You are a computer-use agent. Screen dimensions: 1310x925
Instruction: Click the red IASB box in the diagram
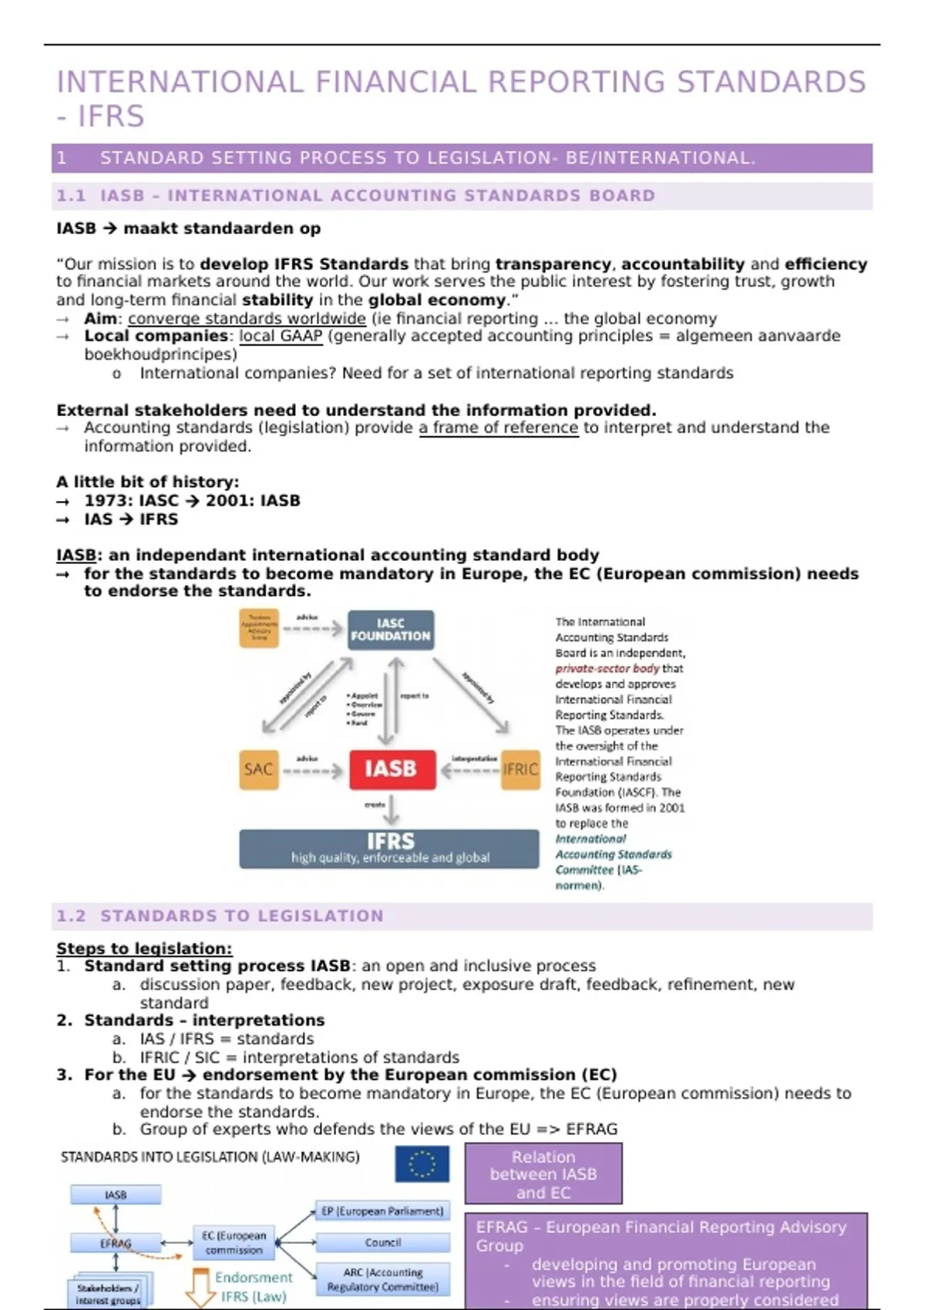[x=392, y=769]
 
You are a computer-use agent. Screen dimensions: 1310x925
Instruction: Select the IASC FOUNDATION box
[x=390, y=630]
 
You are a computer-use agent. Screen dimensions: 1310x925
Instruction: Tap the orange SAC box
[x=258, y=769]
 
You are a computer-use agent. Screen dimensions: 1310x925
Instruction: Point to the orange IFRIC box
[x=520, y=769]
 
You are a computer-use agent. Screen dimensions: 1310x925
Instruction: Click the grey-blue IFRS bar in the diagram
[x=389, y=848]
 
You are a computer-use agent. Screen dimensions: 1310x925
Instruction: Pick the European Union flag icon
[x=422, y=1164]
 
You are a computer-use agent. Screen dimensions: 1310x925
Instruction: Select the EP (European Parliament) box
[x=382, y=1211]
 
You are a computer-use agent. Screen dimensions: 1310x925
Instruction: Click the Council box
[x=382, y=1242]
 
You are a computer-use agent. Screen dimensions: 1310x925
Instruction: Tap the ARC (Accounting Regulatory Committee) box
[x=382, y=1280]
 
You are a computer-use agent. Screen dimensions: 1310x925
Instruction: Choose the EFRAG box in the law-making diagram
[x=116, y=1243]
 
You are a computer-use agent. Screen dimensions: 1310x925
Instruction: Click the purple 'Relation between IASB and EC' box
[x=543, y=1174]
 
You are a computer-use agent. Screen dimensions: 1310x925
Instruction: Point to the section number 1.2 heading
[x=71, y=916]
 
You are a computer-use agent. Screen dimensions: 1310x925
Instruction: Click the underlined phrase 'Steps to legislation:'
[x=144, y=949]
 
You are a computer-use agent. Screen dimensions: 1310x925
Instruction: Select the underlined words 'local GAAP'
[x=281, y=336]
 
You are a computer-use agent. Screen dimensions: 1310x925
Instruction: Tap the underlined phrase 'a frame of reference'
[x=498, y=428]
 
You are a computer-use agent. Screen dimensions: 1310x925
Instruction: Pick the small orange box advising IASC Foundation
[x=259, y=628]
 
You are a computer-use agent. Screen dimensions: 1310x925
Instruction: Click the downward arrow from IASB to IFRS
[x=392, y=809]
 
